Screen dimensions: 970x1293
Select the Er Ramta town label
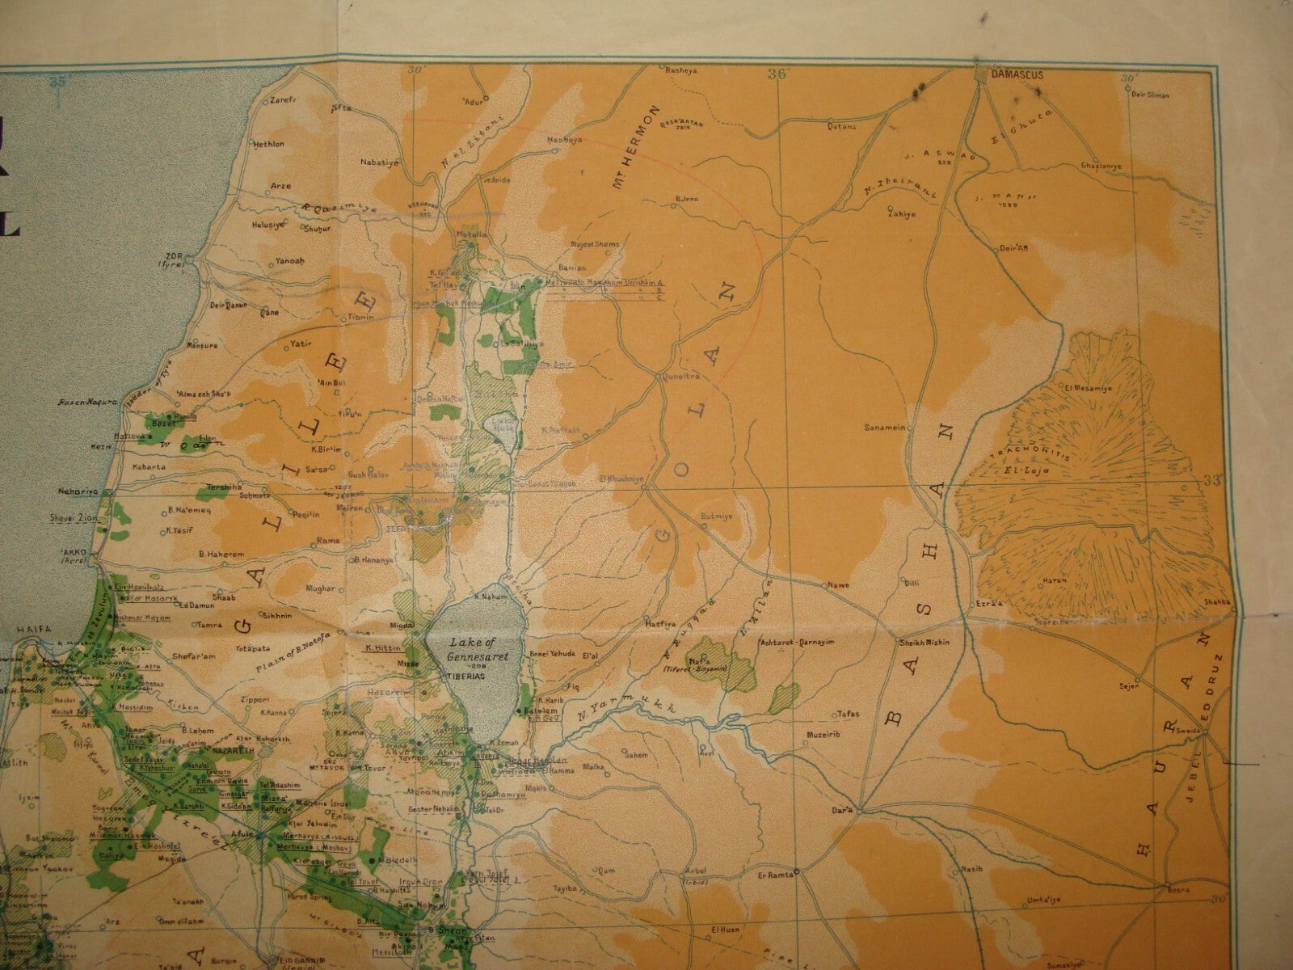pyautogui.click(x=772, y=873)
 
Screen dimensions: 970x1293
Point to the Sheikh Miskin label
pyautogui.click(x=925, y=643)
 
